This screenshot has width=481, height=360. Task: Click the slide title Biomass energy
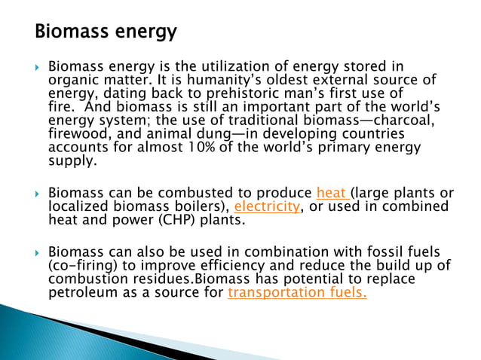tap(106, 32)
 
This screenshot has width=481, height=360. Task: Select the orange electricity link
tap(267, 206)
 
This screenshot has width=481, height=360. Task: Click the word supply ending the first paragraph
tap(71, 161)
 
